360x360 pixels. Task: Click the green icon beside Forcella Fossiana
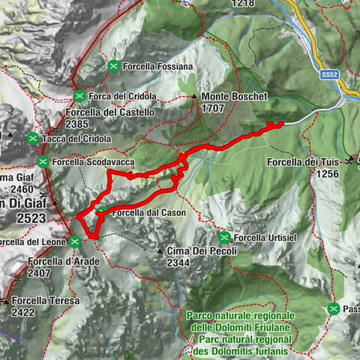click(113, 66)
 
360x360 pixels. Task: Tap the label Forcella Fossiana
click(155, 66)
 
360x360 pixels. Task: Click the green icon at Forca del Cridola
click(79, 96)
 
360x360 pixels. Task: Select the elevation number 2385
click(77, 123)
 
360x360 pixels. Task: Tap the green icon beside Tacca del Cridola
click(33, 139)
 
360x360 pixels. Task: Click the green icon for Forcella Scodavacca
click(43, 161)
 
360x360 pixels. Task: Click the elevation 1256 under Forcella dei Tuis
click(328, 173)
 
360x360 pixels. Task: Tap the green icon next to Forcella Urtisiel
click(223, 237)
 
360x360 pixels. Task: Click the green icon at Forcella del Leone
click(75, 241)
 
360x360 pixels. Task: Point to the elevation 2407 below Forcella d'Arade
click(40, 274)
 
